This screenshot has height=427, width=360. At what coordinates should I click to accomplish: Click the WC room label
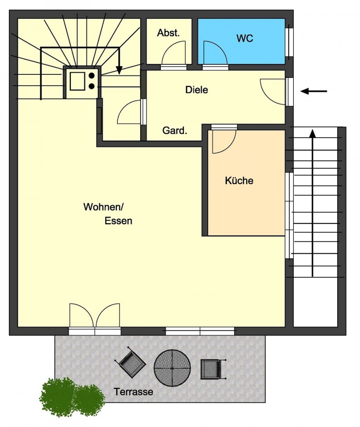tap(245, 38)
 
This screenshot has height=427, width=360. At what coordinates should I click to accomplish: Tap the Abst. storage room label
tap(168, 33)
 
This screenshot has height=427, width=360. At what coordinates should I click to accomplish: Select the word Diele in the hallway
tap(196, 90)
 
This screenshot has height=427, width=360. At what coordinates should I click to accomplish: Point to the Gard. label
tap(175, 131)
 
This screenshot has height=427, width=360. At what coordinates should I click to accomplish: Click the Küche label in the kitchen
tap(239, 180)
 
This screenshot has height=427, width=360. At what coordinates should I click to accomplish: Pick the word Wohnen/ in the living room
tap(103, 207)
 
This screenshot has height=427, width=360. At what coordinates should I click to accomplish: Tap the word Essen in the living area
tap(119, 221)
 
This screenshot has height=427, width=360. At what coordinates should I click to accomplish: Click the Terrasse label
tap(133, 392)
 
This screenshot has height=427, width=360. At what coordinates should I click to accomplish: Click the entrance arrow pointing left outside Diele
tap(313, 91)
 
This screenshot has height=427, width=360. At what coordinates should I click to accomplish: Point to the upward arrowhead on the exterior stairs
tap(313, 133)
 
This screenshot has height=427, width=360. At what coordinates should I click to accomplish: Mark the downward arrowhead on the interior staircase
tap(119, 71)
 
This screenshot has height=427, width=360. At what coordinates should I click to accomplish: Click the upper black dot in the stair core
tap(92, 76)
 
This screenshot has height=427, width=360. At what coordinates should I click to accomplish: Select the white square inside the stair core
tap(77, 81)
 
